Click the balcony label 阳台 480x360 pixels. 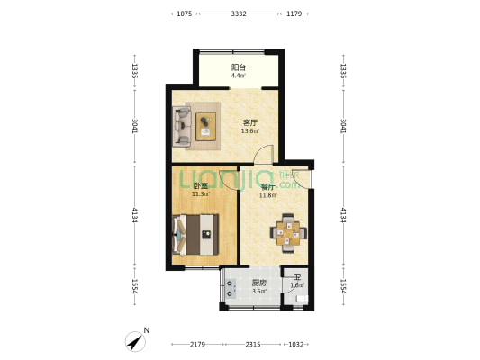pos(239,67)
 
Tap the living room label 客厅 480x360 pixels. pos(249,122)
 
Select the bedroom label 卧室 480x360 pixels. pos(200,185)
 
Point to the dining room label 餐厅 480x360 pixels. pos(267,186)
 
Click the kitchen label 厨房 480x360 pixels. pos(258,283)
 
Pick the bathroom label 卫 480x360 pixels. pos(297,277)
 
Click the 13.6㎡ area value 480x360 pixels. pos(249,131)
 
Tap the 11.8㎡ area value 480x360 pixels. pos(267,194)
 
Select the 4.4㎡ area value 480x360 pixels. pos(239,76)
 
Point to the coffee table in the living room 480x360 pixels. pos(207,126)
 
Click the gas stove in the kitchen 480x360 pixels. pos(231,289)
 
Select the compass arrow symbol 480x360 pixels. pos(136,342)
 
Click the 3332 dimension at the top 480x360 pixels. pos(239,13)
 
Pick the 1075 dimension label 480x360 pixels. pos(184,13)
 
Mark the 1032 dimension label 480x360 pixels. pos(296,345)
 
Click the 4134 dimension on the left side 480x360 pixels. pos(134,216)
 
